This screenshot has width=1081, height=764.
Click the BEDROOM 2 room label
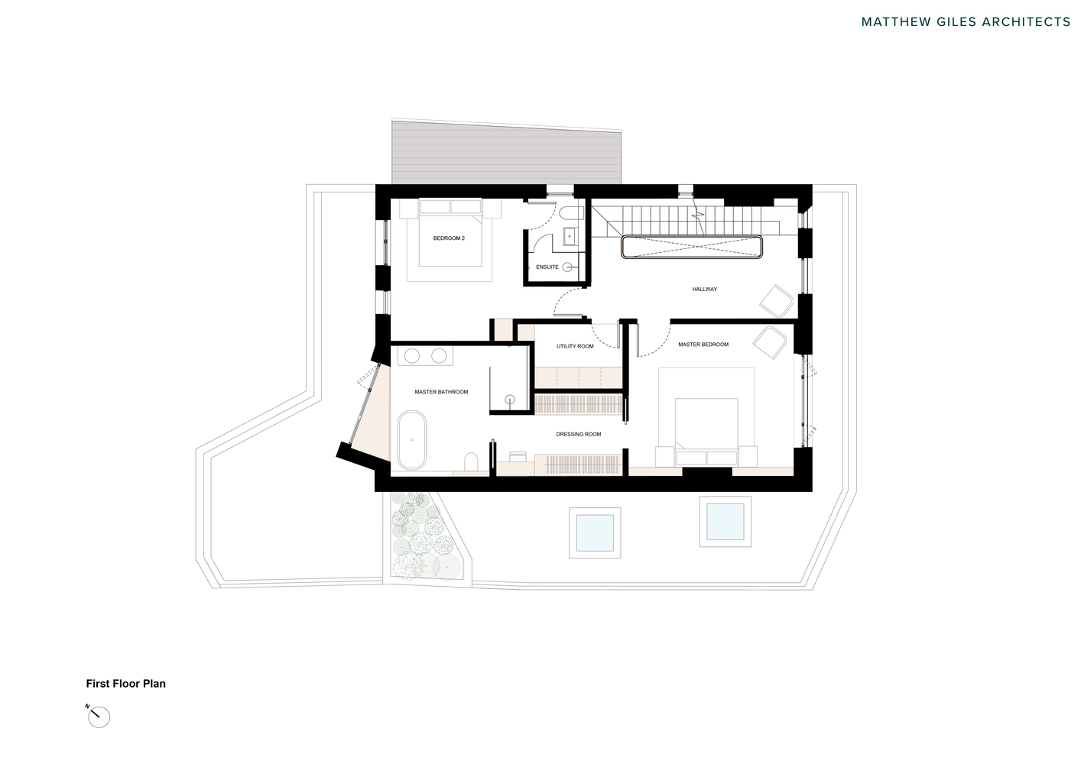(449, 238)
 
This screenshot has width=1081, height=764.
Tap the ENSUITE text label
(547, 267)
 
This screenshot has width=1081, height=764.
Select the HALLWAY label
(704, 289)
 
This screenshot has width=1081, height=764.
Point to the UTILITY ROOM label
(575, 346)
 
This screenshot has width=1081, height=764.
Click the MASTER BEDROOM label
(703, 345)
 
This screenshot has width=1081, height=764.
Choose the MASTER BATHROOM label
(441, 392)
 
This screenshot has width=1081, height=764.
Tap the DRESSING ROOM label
(578, 434)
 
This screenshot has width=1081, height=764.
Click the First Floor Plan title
(125, 684)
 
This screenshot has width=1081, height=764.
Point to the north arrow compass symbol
(99, 717)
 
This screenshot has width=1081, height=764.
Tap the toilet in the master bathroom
(472, 461)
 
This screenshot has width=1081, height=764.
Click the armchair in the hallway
(777, 299)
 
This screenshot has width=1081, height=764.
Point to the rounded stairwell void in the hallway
(693, 248)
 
